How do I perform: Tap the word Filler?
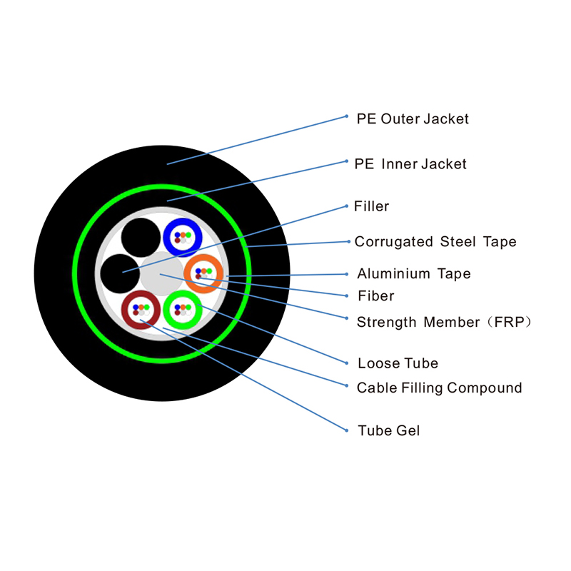pyautogui.click(x=371, y=207)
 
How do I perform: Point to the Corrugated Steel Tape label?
pyautogui.click(x=435, y=242)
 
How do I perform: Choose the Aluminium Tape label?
pyautogui.click(x=414, y=273)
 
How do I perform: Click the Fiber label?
pyautogui.click(x=375, y=295)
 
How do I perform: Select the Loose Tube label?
pyautogui.click(x=398, y=363)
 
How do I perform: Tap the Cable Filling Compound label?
pyautogui.click(x=439, y=388)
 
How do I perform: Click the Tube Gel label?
pyautogui.click(x=389, y=430)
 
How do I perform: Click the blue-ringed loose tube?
pyautogui.click(x=183, y=237)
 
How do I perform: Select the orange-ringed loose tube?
pyautogui.click(x=204, y=273)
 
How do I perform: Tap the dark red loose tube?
pyautogui.click(x=141, y=310)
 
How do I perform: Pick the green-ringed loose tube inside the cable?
pyautogui.click(x=183, y=310)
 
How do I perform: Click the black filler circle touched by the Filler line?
pyautogui.click(x=120, y=273)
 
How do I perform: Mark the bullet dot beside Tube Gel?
pyautogui.click(x=345, y=430)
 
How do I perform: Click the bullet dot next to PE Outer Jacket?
pyautogui.click(x=345, y=116)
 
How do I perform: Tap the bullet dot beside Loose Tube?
pyautogui.click(x=345, y=363)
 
